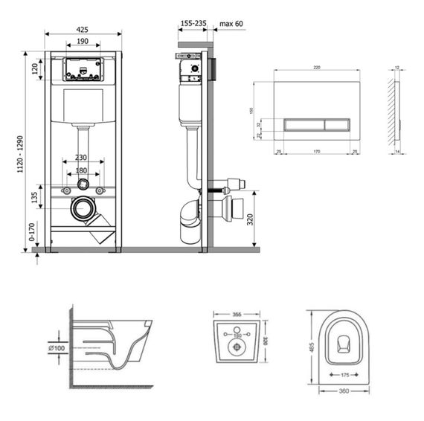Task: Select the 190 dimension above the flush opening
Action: pos(83,42)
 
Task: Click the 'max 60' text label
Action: pos(231,24)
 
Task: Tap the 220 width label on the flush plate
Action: pos(316,68)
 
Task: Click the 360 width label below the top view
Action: pos(344,391)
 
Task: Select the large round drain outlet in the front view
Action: pos(82,208)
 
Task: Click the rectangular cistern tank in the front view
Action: pos(83,106)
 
